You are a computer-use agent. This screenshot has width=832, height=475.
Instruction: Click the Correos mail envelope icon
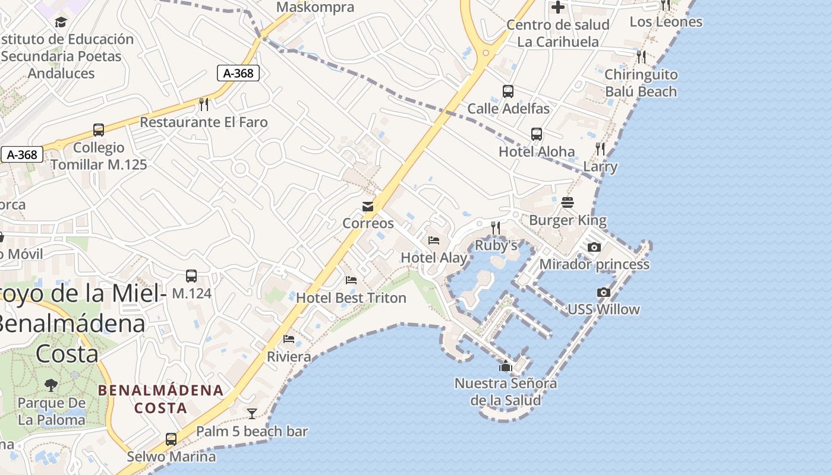(368, 207)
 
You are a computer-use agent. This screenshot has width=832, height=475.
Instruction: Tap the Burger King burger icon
(568, 202)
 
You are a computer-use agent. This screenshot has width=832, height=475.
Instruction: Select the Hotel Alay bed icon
(434, 240)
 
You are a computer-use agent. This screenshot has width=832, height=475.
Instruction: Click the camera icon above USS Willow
(603, 292)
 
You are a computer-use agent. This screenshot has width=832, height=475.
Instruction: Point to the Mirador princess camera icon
(594, 247)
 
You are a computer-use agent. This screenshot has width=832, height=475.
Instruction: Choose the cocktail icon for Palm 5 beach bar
(252, 414)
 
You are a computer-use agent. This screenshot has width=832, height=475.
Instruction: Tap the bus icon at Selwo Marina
(171, 439)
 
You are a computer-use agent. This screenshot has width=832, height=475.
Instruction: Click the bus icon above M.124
(191, 276)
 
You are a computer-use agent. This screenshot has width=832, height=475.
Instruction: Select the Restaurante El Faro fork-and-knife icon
(204, 104)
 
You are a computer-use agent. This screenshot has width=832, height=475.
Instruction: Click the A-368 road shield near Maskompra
(238, 73)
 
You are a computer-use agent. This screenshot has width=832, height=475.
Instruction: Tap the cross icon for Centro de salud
(557, 8)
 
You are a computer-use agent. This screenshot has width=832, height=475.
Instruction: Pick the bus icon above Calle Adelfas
(508, 91)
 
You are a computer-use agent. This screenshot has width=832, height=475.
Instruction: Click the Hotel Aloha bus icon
(537, 134)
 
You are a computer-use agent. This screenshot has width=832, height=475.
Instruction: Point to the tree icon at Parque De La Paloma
(51, 385)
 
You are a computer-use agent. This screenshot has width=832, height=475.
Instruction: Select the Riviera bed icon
(289, 339)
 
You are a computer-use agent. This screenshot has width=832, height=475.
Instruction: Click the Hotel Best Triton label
(351, 297)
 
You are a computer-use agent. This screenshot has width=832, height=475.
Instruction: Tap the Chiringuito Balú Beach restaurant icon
(641, 57)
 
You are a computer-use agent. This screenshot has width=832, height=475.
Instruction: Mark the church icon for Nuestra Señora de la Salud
(506, 366)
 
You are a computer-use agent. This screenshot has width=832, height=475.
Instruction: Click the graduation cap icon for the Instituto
(61, 23)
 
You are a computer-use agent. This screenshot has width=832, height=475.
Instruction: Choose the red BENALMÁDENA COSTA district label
(160, 399)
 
